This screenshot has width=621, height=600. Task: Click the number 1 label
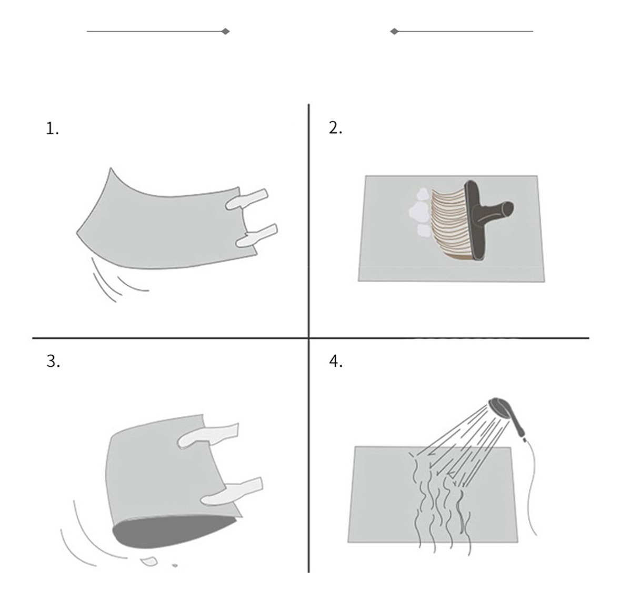click(x=52, y=129)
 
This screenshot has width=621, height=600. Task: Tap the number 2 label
click(x=335, y=128)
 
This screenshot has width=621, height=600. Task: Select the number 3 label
click(x=53, y=362)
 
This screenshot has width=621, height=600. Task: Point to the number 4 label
click(x=336, y=362)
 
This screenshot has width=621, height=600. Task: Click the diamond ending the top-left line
click(x=225, y=31)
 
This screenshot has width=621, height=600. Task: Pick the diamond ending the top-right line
click(x=394, y=31)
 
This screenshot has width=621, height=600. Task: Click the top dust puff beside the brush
click(x=422, y=194)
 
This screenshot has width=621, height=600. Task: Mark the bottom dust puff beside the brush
click(x=423, y=229)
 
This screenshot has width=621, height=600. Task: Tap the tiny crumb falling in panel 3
click(x=175, y=566)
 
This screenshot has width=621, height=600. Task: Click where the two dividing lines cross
click(x=308, y=338)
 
